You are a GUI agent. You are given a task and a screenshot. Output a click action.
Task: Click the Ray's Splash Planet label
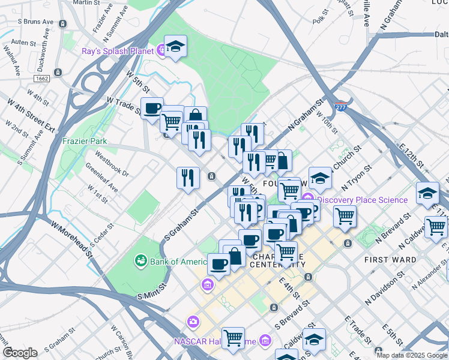tap(117, 51)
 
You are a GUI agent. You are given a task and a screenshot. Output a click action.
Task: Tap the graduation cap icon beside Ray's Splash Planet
tap(175, 47)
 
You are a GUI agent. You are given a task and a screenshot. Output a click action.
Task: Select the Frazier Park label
tap(85, 142)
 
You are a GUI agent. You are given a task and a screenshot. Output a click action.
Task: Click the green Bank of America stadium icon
tap(140, 261)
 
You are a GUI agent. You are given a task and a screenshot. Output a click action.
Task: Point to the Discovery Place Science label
tap(362, 200)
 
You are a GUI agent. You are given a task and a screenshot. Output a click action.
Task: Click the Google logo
tap(20, 353)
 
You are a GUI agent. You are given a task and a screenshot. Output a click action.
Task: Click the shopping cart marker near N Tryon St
tap(345, 216)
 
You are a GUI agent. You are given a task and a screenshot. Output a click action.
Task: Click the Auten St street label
tap(24, 43)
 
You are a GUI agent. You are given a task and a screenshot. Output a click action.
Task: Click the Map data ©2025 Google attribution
tap(412, 355)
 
